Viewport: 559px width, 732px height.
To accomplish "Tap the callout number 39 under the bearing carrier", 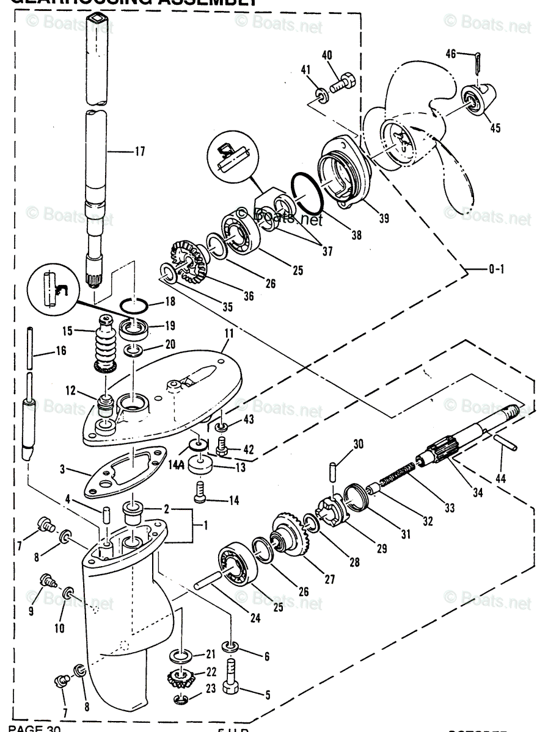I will [x=384, y=218].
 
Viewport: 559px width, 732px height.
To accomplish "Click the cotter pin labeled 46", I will [x=478, y=62].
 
